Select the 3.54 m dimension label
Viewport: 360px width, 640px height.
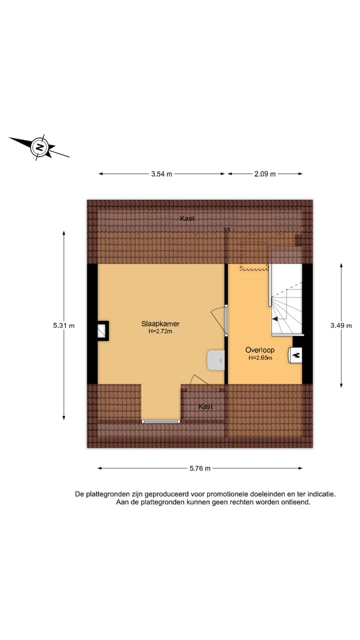tap(161, 174)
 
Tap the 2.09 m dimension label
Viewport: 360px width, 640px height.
tap(265, 174)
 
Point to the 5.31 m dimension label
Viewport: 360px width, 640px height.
tap(63, 325)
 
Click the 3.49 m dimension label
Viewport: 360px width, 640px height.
tap(341, 325)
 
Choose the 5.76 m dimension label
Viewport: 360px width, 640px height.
tap(200, 468)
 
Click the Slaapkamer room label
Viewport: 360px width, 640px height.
tap(160, 324)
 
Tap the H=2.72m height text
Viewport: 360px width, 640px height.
tap(160, 331)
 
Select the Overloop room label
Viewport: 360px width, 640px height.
tap(259, 350)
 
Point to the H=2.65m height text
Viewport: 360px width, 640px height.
tap(260, 358)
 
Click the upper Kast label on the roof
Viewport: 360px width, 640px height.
tap(187, 218)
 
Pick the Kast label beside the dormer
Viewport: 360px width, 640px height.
tap(205, 407)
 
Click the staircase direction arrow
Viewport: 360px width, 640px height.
tap(274, 318)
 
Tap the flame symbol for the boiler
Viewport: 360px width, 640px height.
tap(296, 355)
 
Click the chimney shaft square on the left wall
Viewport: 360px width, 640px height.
tap(102, 330)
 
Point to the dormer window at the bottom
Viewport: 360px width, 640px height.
tap(161, 421)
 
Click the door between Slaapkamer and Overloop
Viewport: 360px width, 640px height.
tap(226, 322)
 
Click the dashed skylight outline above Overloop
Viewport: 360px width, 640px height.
tap(254, 255)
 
